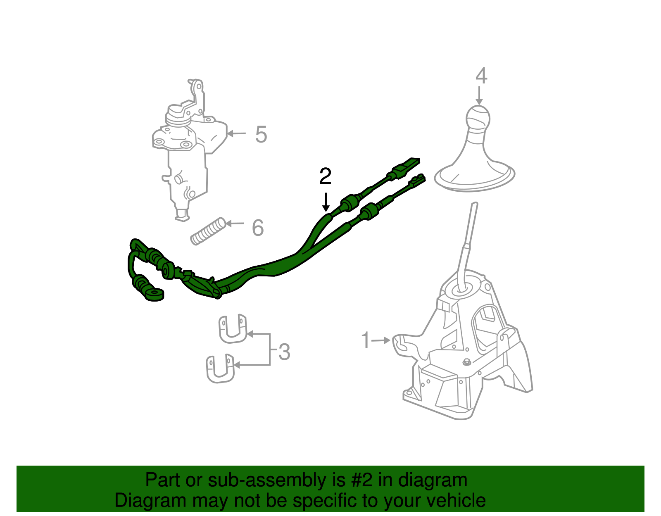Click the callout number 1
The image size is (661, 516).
[365, 340]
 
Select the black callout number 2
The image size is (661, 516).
[326, 176]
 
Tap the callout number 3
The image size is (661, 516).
[284, 352]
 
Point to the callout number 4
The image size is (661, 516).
[481, 76]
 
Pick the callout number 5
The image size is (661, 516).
[261, 134]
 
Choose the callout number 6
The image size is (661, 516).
[258, 228]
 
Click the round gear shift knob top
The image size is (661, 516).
[478, 117]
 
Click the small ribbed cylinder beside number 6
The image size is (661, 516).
[208, 231]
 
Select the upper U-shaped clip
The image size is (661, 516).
[232, 329]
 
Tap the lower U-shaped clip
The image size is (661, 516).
[220, 368]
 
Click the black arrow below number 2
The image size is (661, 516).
[326, 202]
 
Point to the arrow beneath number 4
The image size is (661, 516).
[479, 95]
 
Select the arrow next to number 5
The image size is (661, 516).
[236, 133]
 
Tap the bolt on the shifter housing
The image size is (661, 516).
[466, 362]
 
